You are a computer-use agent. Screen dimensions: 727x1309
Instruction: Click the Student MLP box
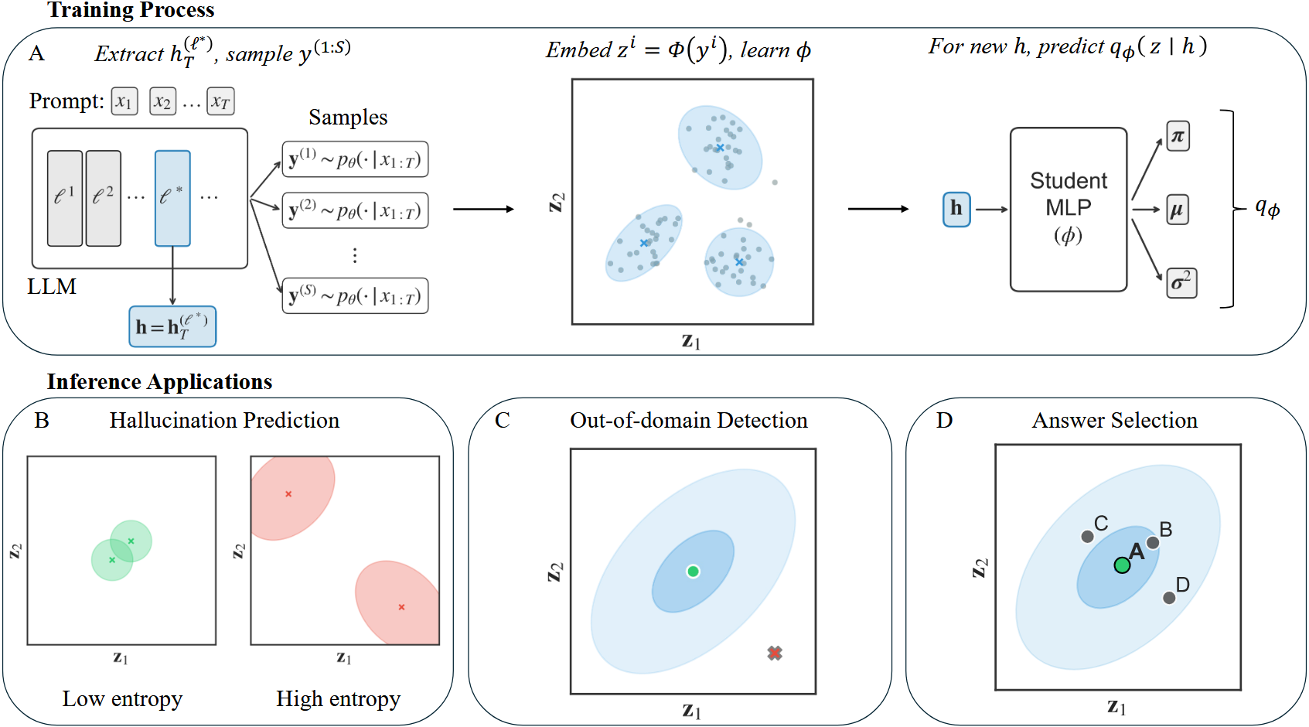tap(1068, 209)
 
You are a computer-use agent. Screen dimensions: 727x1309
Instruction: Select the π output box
tap(1178, 137)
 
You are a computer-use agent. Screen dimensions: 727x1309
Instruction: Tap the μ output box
tap(1177, 210)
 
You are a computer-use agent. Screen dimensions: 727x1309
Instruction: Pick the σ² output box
tap(1181, 283)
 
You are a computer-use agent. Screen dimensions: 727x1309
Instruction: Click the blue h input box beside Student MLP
tap(956, 209)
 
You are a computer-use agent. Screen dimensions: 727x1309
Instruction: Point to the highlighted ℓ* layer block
tap(172, 198)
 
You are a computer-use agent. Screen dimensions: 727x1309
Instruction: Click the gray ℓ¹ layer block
tap(65, 198)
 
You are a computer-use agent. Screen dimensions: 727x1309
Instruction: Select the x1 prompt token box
tap(124, 101)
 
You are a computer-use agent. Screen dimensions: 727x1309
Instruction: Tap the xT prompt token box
tap(220, 101)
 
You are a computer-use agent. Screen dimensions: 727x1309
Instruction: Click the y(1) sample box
tap(355, 160)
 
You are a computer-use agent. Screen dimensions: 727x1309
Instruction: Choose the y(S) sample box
tap(355, 295)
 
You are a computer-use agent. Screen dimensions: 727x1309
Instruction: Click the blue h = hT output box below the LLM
tap(172, 326)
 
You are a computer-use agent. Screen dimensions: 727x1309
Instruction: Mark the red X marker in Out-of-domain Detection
tap(775, 654)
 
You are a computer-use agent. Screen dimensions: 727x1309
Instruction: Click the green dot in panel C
tap(693, 572)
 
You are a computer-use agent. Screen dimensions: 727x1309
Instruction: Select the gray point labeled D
tap(1169, 597)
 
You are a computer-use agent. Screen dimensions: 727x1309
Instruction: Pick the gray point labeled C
tap(1087, 537)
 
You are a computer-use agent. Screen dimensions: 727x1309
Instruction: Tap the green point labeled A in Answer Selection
tap(1122, 565)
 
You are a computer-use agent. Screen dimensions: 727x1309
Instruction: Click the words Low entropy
tap(122, 699)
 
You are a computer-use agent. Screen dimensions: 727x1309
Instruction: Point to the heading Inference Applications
tap(159, 382)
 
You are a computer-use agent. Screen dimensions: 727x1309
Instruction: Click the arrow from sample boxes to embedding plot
tap(483, 209)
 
